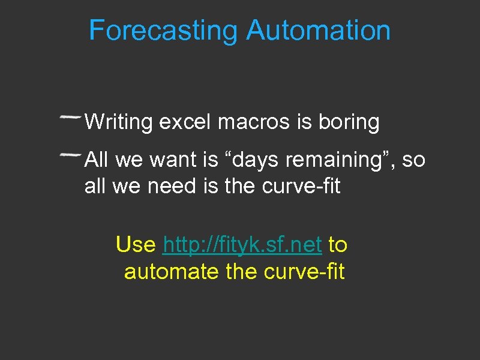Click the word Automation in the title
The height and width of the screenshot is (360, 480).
coord(318,30)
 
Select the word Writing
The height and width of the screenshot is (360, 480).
coord(119,122)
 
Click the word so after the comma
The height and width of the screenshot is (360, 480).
coord(413,160)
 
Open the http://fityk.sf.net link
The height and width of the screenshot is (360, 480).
coord(243,245)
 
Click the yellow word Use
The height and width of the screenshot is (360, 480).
coord(136,245)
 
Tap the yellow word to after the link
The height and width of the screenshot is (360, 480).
coord(338,245)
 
